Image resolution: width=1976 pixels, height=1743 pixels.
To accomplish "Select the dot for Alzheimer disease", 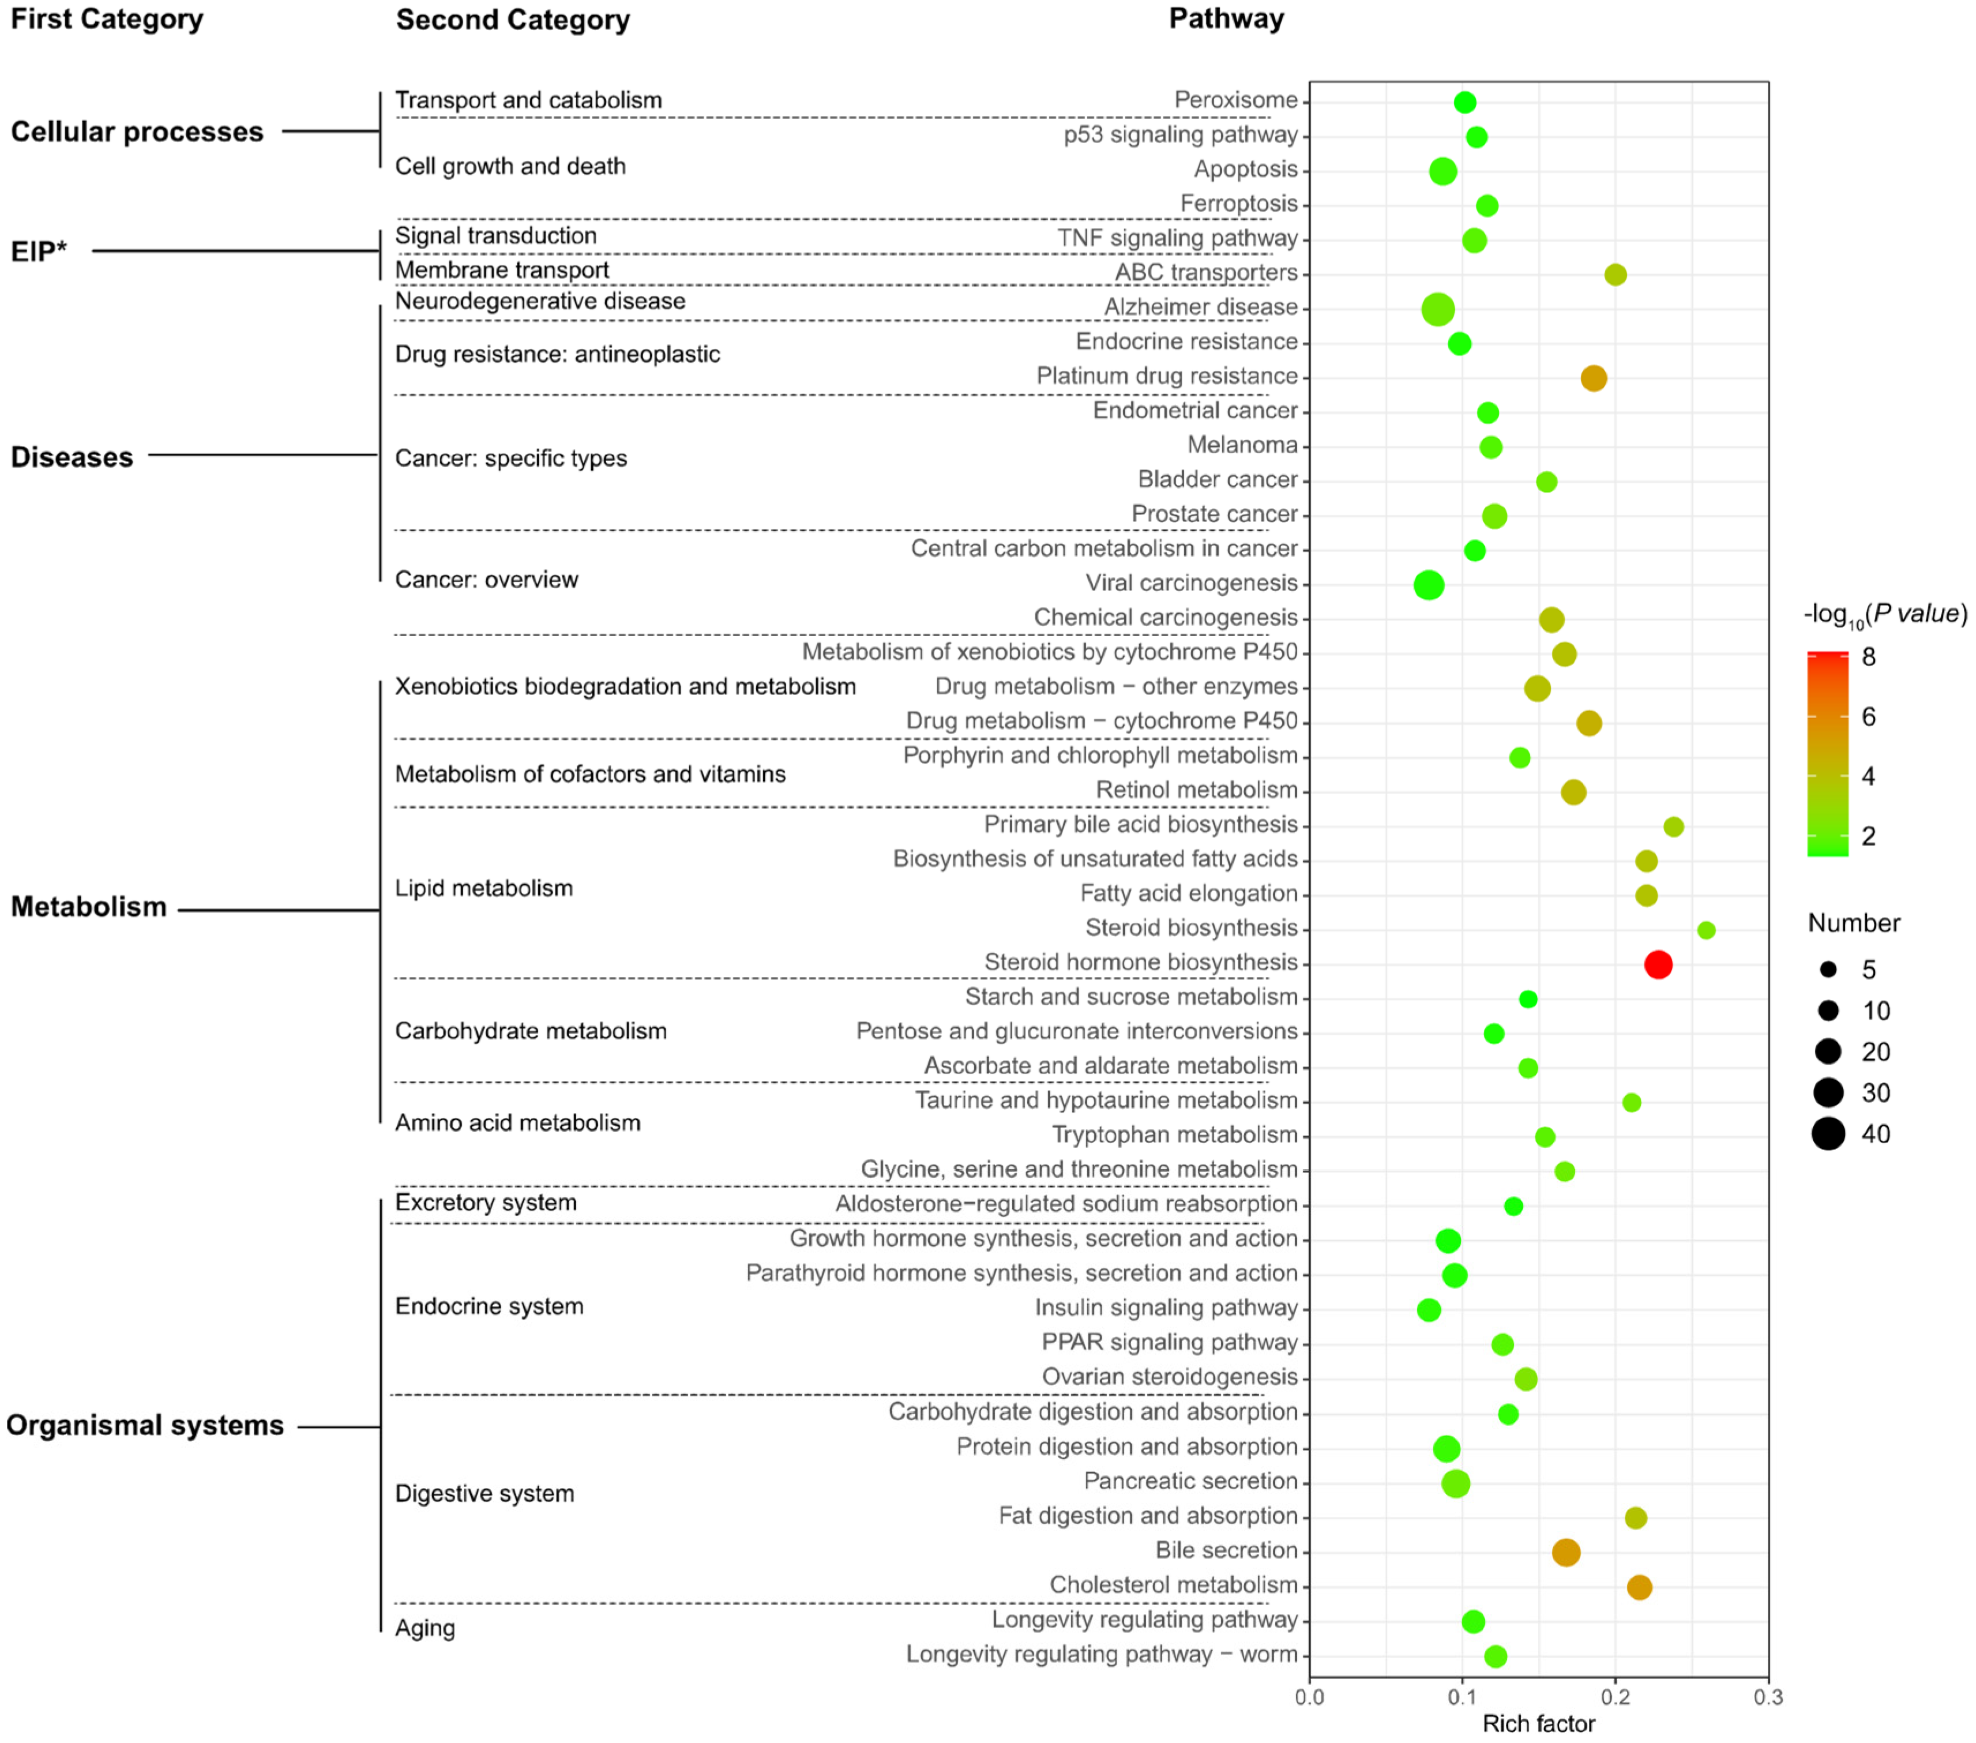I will click(1437, 309).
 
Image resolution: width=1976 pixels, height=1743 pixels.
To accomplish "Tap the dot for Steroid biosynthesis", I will click(1706, 930).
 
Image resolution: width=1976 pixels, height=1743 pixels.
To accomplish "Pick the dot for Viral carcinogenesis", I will click(1429, 585).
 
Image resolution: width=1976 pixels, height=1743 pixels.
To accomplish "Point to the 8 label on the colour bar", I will click(1869, 658).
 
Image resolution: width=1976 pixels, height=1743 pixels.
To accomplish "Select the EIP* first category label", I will click(39, 251).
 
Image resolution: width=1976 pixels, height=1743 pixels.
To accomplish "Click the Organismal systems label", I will click(145, 1425).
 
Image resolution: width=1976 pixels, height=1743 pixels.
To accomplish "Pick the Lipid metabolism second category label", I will click(483, 888).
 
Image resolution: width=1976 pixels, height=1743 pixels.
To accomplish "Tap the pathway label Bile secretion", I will click(1226, 1550).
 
